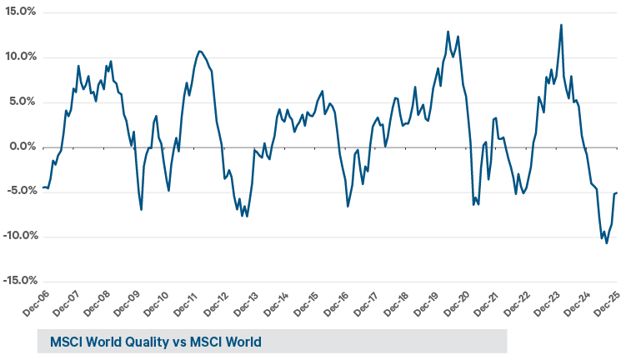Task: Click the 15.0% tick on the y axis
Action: click(19, 12)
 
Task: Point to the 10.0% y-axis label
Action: click(19, 57)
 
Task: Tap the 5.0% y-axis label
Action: click(22, 102)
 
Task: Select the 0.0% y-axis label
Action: click(22, 147)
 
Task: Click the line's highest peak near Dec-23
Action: click(561, 25)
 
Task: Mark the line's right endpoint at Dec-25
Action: click(616, 192)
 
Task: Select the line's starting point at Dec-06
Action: click(43, 187)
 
